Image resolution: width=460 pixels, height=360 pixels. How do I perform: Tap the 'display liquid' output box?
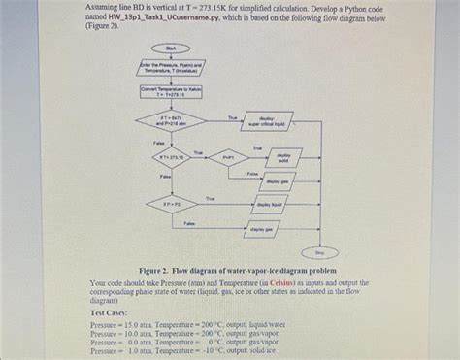click(x=272, y=204)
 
